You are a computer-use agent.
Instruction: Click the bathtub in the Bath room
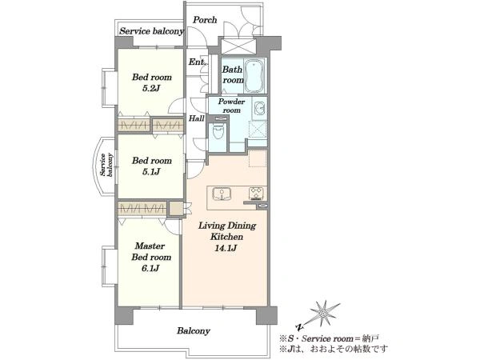click(254, 76)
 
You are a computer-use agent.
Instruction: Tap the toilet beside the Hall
click(218, 132)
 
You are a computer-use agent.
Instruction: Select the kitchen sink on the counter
click(222, 194)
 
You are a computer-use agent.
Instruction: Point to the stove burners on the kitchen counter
click(256, 193)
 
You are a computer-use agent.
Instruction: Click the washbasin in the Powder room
click(260, 108)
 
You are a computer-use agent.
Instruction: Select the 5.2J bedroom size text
click(151, 89)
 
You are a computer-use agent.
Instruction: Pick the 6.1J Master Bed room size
click(150, 269)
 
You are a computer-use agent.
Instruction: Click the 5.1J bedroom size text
click(151, 172)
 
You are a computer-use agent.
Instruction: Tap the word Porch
click(205, 20)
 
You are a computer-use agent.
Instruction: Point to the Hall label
click(196, 118)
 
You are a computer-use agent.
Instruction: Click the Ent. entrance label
click(197, 62)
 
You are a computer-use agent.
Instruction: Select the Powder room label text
click(231, 106)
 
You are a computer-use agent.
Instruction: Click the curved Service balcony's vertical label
click(107, 166)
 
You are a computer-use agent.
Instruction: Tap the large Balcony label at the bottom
click(194, 331)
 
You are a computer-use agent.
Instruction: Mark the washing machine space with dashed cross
click(258, 130)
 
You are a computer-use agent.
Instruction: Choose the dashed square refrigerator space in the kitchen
click(258, 158)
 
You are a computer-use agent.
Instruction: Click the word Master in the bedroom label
click(150, 246)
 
